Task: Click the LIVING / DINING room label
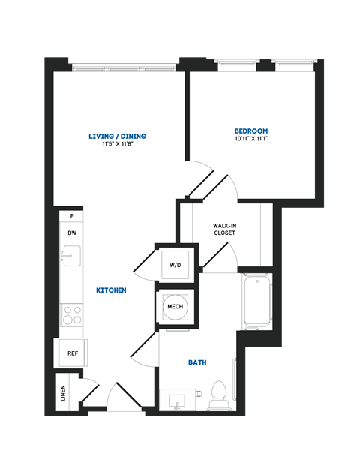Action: (117, 136)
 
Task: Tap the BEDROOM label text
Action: (251, 131)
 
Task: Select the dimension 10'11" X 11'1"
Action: (251, 139)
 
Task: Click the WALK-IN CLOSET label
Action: (224, 229)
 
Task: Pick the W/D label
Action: (175, 265)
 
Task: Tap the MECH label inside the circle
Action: (175, 307)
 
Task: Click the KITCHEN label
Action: (111, 290)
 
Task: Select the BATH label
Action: (197, 362)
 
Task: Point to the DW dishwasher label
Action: (72, 233)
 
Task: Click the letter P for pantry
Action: (72, 216)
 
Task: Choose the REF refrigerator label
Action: (73, 353)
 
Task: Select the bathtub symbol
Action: (256, 302)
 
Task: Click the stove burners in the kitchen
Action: (72, 314)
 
